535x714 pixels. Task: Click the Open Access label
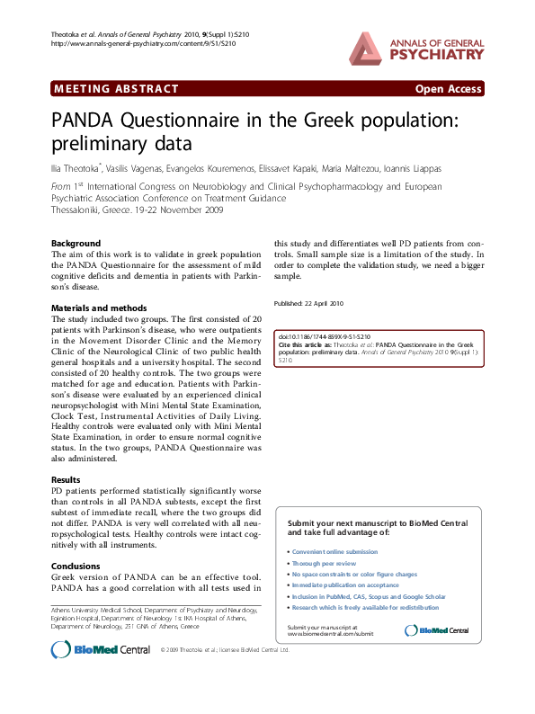[448, 89]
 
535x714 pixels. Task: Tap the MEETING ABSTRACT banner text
[116, 89]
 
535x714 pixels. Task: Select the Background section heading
[76, 244]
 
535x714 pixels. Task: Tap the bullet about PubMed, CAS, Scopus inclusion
[369, 596]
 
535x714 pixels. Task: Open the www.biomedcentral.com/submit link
[317, 633]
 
